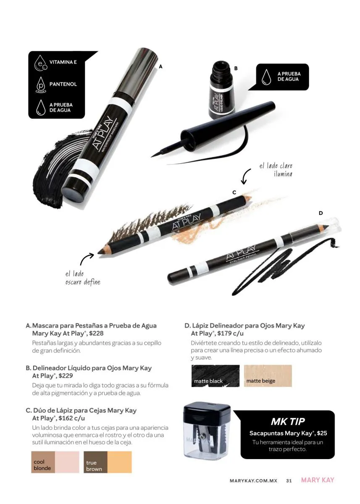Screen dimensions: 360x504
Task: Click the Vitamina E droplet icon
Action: click(x=40, y=63)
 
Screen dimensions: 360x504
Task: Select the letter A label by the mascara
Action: click(x=160, y=66)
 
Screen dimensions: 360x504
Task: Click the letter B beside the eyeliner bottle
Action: click(x=236, y=68)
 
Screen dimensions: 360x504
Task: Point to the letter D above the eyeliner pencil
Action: click(x=321, y=213)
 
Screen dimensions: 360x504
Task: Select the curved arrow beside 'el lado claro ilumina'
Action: click(x=245, y=176)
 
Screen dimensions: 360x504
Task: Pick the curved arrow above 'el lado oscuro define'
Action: click(x=86, y=258)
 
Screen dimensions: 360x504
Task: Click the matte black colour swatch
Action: click(x=215, y=376)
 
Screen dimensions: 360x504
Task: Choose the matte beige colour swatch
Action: click(x=268, y=376)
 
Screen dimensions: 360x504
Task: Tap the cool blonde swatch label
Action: click(x=42, y=465)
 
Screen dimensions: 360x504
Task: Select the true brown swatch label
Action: click(x=94, y=466)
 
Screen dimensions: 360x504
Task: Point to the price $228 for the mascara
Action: click(x=96, y=333)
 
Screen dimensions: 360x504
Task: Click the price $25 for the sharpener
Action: click(x=322, y=433)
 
